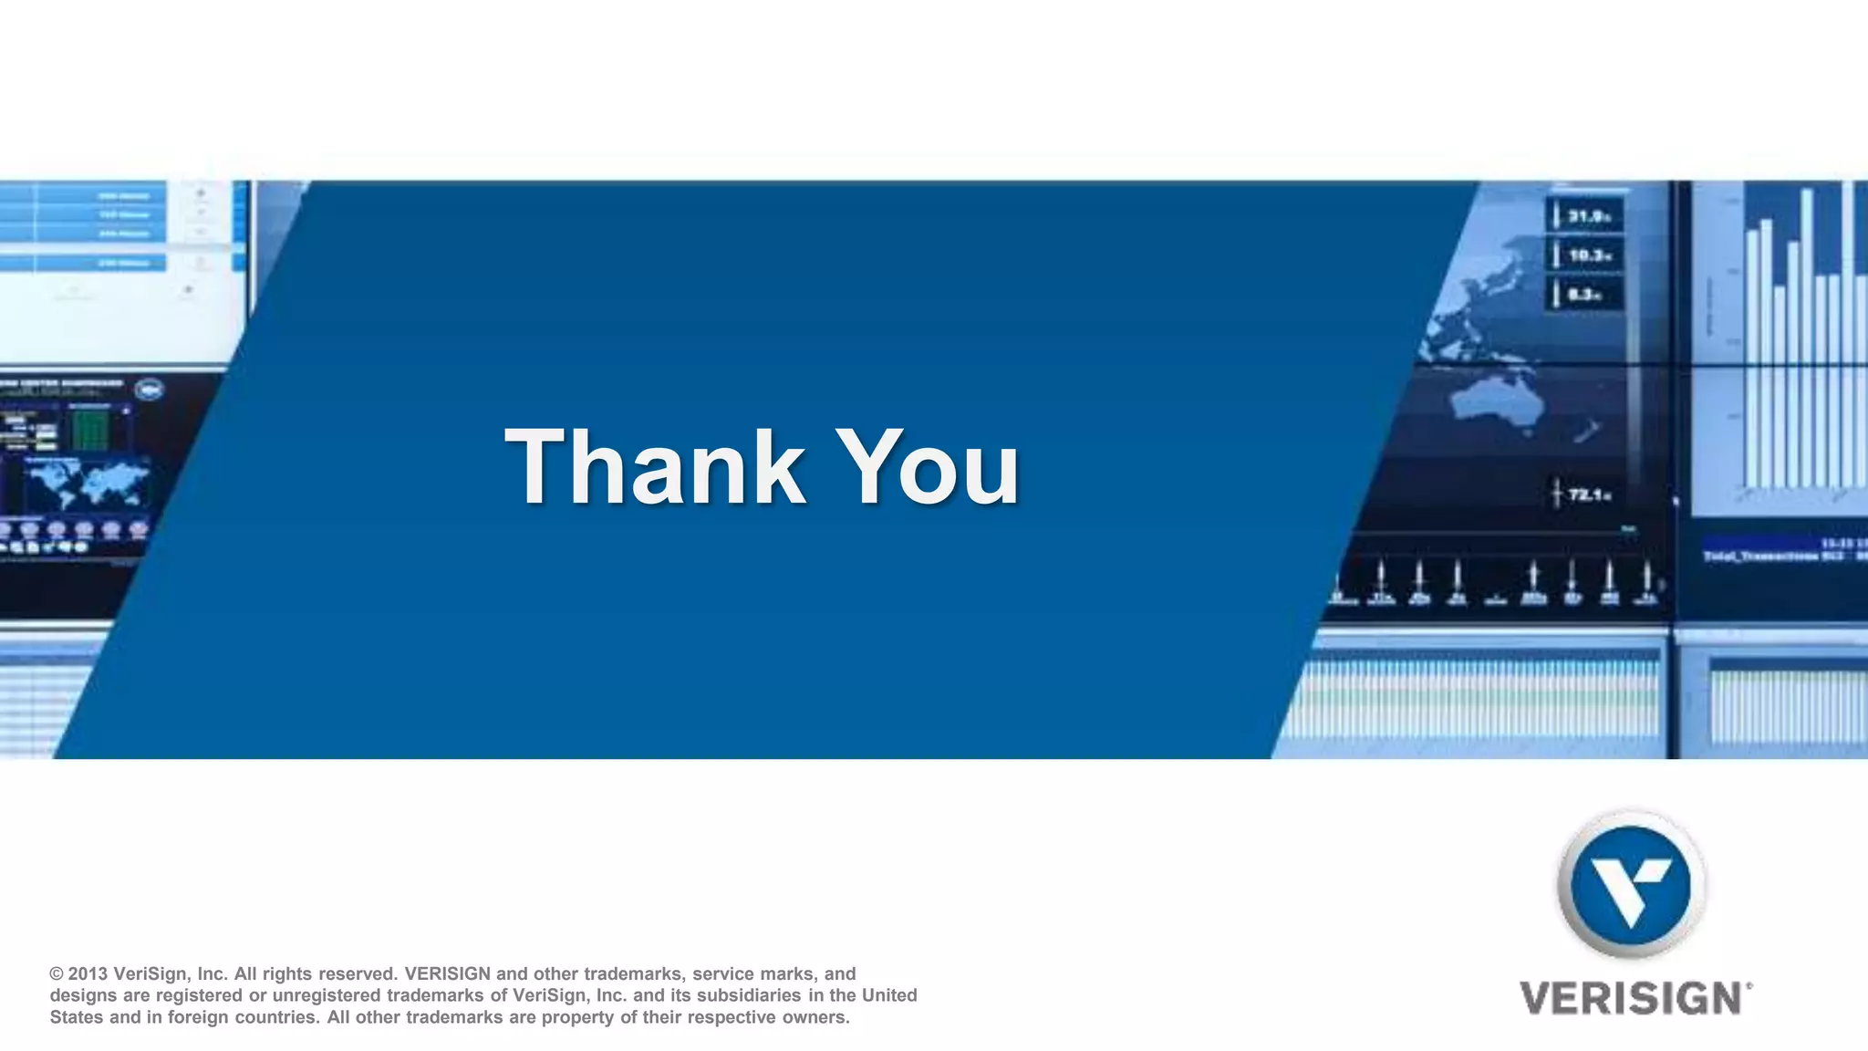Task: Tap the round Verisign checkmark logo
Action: tap(1631, 883)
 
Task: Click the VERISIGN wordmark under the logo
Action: tap(1631, 999)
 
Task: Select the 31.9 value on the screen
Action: tap(1588, 217)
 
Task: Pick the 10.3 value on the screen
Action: tap(1588, 256)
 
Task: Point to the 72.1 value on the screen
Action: tap(1588, 494)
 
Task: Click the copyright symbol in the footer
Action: tap(57, 974)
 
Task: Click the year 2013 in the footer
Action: tap(88, 974)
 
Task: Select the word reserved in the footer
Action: tap(356, 974)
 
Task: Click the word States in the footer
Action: tap(76, 1017)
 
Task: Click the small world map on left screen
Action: tap(87, 482)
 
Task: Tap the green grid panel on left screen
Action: tap(90, 430)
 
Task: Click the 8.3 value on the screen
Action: tap(1583, 295)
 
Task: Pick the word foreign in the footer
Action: tap(198, 1017)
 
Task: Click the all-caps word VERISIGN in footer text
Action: tap(447, 974)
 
